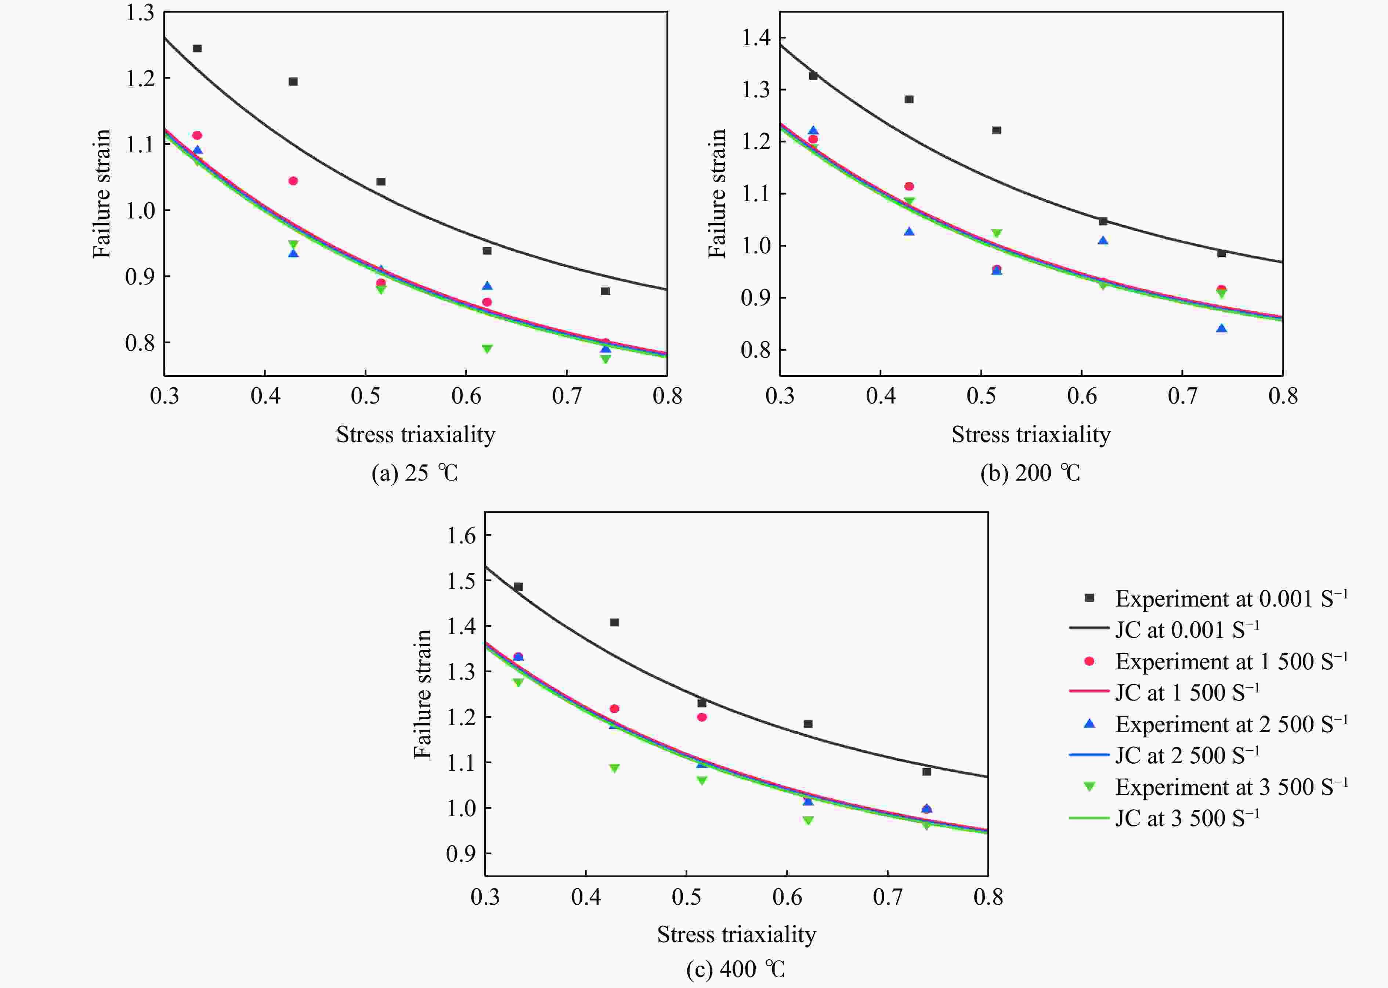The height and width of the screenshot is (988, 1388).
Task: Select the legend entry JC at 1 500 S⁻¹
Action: pyautogui.click(x=1186, y=692)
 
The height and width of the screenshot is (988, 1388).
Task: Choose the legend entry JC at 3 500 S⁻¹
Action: pyautogui.click(x=1186, y=818)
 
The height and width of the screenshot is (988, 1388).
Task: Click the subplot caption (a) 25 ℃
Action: pyautogui.click(x=415, y=473)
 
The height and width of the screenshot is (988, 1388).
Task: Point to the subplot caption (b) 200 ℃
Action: pyautogui.click(x=1030, y=473)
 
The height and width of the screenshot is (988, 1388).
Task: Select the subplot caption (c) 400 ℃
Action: pyautogui.click(x=736, y=969)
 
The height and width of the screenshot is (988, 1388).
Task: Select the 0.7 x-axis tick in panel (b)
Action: pyautogui.click(x=1182, y=396)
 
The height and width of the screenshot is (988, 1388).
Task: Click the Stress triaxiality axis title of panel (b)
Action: pyautogui.click(x=1031, y=434)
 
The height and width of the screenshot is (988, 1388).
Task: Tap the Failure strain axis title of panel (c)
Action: pyautogui.click(x=422, y=694)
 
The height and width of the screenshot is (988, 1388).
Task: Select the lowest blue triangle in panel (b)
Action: pyautogui.click(x=1221, y=329)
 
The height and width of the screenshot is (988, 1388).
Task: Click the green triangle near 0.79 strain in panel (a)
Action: pyautogui.click(x=487, y=348)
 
